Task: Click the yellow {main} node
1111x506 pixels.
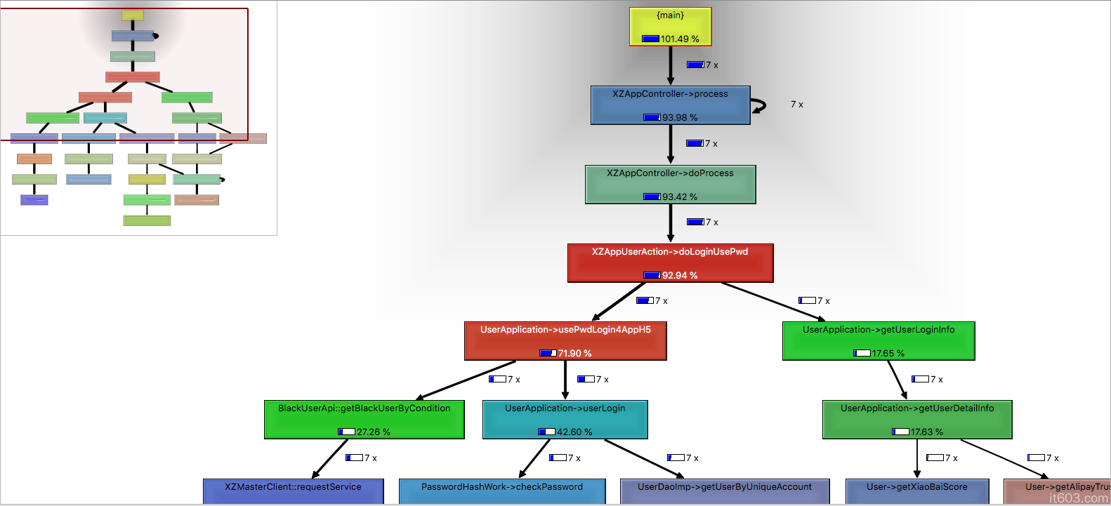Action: tap(670, 26)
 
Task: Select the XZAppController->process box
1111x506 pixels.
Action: tap(670, 105)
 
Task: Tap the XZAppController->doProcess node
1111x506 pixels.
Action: tap(670, 184)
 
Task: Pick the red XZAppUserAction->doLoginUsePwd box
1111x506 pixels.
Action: tap(670, 262)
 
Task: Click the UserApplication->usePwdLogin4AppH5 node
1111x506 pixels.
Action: tap(565, 341)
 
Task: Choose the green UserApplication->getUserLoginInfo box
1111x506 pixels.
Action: tap(879, 341)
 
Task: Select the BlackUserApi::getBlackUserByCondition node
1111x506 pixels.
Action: tap(364, 420)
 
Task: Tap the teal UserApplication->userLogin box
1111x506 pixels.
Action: tap(565, 420)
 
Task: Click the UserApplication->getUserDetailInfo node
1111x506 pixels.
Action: tap(917, 420)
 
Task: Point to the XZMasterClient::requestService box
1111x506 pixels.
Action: tap(293, 491)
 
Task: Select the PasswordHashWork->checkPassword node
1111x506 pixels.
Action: tap(502, 491)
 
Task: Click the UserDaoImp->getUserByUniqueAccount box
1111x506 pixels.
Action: tap(725, 491)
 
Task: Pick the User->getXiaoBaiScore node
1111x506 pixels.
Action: tap(917, 491)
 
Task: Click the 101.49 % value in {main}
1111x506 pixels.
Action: tap(679, 39)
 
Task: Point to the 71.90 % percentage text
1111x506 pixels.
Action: tap(574, 354)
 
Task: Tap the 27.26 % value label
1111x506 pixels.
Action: tap(373, 432)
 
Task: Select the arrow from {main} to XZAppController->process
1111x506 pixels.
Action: tap(670, 65)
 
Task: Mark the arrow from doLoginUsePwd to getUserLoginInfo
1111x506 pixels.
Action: tap(773, 301)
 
